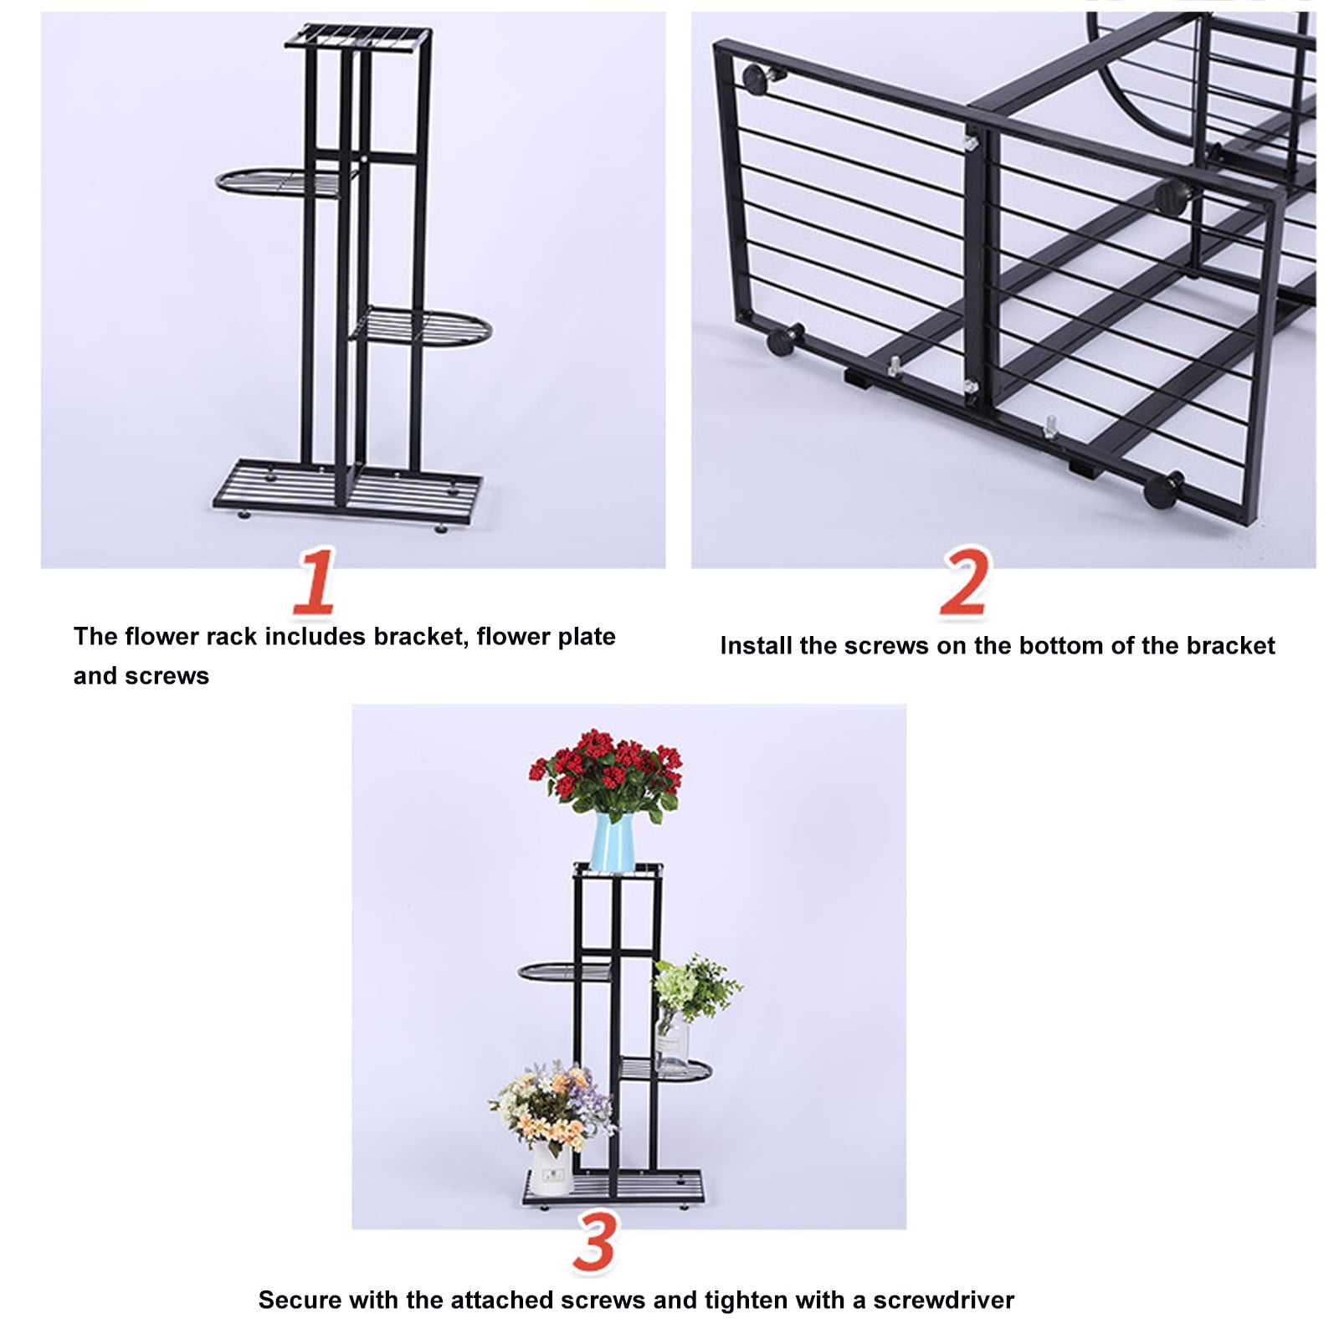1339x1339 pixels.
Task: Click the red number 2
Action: [x=964, y=583]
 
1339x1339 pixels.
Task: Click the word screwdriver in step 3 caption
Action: [x=943, y=1300]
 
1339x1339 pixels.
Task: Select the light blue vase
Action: [x=612, y=842]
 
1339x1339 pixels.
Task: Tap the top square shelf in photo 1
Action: [x=358, y=37]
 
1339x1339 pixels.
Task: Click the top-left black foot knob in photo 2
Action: [x=758, y=79]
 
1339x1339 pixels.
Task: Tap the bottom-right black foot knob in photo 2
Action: [x=1164, y=489]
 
